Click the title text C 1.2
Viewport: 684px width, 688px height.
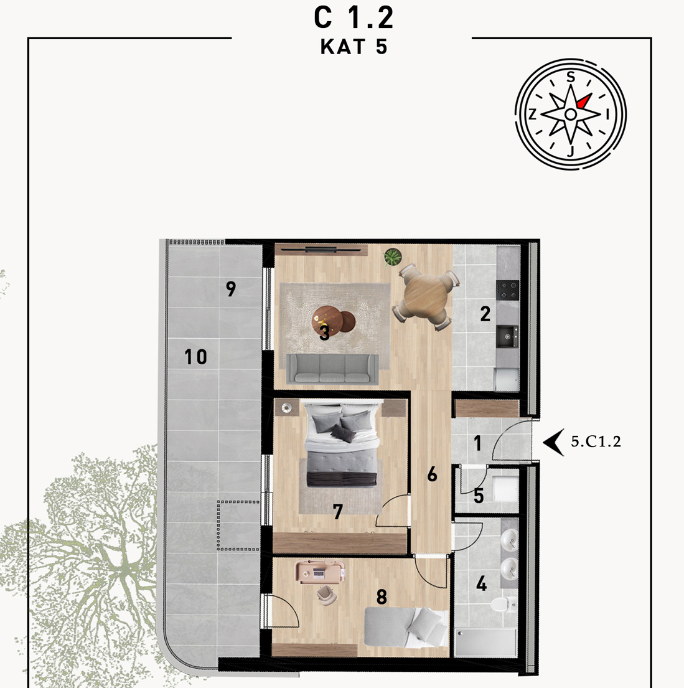point(353,19)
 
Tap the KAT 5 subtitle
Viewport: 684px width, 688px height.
point(354,47)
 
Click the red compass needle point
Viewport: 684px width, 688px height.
point(584,101)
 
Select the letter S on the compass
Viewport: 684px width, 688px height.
point(570,77)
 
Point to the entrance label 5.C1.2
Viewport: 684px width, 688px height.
point(596,441)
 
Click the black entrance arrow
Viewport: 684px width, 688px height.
point(553,442)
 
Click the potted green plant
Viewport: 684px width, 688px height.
point(393,257)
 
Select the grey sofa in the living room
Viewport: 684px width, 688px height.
point(332,369)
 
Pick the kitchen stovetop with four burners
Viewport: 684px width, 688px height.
point(508,290)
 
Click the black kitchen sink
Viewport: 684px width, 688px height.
point(507,337)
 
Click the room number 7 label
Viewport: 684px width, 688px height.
point(337,512)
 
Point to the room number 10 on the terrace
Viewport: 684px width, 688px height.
point(195,357)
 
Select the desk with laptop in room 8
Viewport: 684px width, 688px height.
point(321,572)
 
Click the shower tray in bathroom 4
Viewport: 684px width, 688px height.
point(486,643)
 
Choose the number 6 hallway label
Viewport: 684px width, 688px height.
point(432,474)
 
